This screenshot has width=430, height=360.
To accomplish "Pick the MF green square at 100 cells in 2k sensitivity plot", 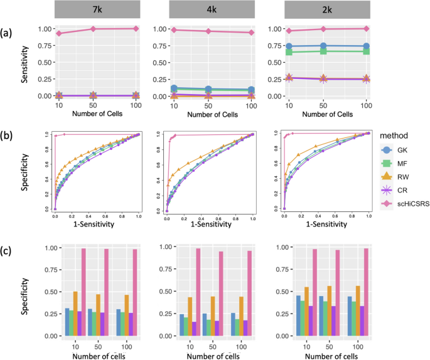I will coord(365,51).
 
